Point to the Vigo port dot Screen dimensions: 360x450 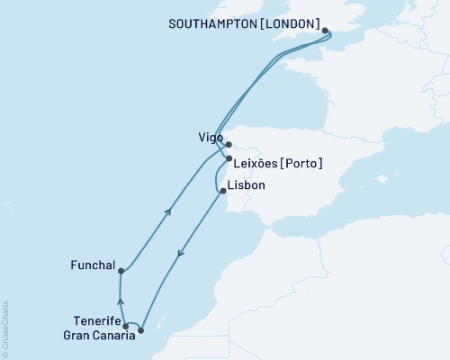pos(229,143)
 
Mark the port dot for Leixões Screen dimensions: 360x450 pos(229,158)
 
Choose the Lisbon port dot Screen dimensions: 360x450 pos(222,191)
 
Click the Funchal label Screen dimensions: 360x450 pos(92,265)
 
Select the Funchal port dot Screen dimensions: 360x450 pos(120,271)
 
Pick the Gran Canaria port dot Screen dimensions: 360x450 pos(140,330)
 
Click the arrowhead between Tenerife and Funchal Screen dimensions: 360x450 pos(121,303)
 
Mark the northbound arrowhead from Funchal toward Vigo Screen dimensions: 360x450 pos(167,211)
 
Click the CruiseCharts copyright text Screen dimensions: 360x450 pos(5,328)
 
